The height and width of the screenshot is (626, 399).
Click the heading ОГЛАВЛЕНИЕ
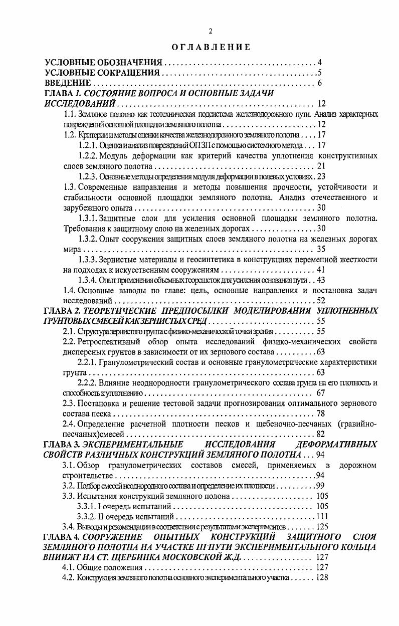(210, 47)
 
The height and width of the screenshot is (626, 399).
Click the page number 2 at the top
(211, 31)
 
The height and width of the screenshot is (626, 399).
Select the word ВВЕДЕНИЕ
(68, 83)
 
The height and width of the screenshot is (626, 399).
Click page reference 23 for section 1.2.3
(322, 176)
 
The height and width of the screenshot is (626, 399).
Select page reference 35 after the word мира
(321, 249)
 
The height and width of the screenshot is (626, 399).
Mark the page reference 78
(321, 414)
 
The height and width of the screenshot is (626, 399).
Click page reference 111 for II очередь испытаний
(321, 517)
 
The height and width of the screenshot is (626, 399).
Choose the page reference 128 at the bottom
(321, 577)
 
